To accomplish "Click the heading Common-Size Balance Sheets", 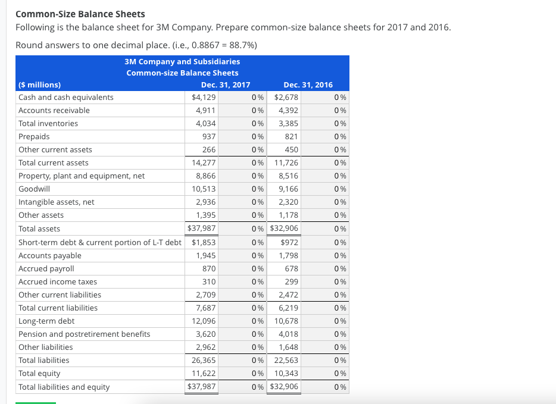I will tap(80, 14).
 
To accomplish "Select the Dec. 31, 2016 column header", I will tap(308, 84).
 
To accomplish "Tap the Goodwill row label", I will tap(35, 189).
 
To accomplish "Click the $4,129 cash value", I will tap(204, 97).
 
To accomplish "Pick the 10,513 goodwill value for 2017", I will tap(204, 189).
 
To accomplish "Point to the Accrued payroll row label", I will tap(46, 268).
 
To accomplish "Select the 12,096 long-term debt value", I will tap(204, 321).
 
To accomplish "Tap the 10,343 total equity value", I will tap(286, 373).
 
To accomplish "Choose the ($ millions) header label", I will tap(40, 84).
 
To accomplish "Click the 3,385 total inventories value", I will tap(288, 123).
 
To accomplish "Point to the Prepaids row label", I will tap(34, 136).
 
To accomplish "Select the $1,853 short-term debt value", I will tap(204, 242).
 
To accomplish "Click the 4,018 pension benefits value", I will tap(288, 334).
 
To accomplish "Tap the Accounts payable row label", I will tap(50, 255).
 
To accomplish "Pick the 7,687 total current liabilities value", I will tap(205, 308).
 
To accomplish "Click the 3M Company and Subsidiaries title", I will tap(182, 61).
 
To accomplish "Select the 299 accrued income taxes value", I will tap(291, 281).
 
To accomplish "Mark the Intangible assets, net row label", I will tap(57, 202).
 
